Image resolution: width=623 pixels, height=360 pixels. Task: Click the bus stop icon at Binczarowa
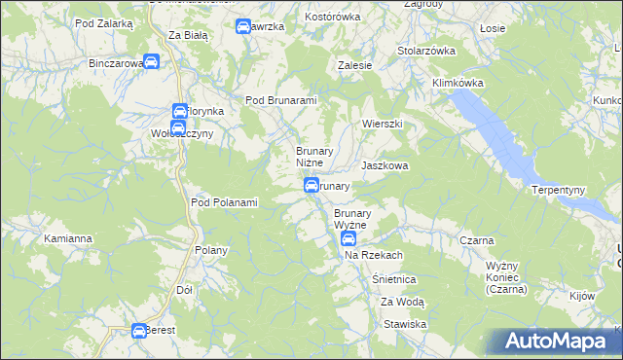(152, 63)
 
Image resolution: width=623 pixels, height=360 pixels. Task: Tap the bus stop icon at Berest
(139, 331)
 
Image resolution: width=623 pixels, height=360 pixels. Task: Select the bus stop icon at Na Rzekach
(348, 239)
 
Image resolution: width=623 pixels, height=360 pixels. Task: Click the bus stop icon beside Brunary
(311, 185)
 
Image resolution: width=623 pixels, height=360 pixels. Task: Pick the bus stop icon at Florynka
(179, 112)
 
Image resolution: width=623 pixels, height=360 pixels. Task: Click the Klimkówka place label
(458, 84)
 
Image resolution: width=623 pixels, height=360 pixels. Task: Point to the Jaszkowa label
(385, 166)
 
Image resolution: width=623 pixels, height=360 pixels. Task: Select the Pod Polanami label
(224, 202)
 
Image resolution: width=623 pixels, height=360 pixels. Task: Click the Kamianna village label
(68, 237)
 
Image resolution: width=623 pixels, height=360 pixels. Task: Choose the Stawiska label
(406, 323)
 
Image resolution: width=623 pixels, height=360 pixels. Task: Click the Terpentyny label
(558, 189)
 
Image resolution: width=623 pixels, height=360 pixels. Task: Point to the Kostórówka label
(333, 18)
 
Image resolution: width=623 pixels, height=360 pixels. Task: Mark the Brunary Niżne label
(314, 157)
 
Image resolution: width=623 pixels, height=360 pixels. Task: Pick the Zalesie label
(355, 65)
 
